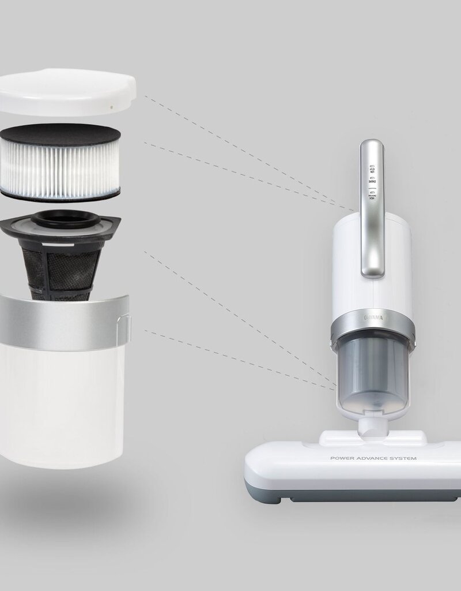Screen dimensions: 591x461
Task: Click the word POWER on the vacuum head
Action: click(340, 459)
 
